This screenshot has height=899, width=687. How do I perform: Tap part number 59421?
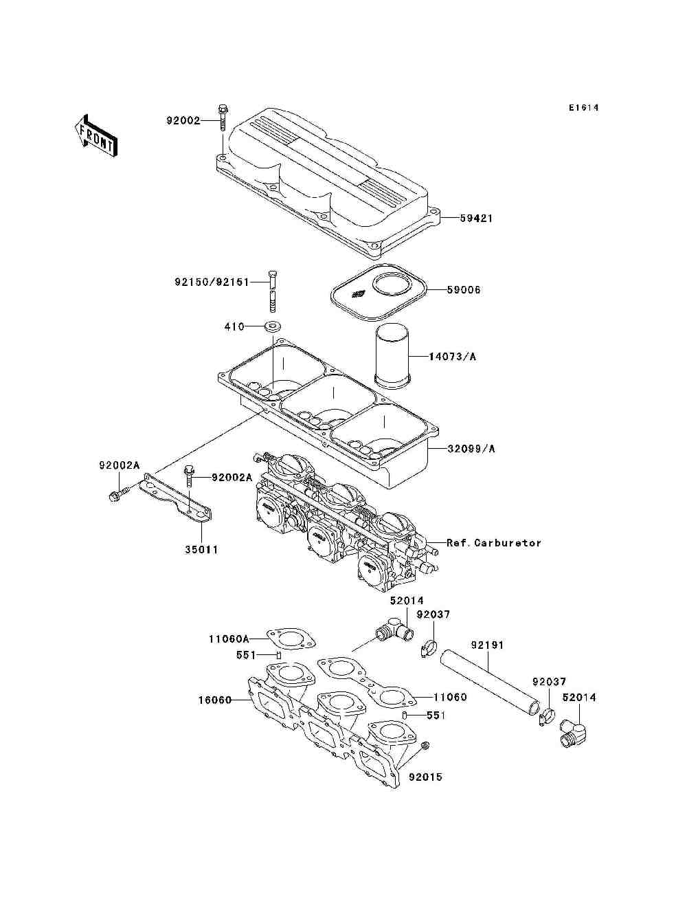476,219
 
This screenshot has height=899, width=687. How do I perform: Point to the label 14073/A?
452,357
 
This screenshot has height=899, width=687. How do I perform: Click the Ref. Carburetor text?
493,543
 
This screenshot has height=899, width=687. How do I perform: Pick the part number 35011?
202,550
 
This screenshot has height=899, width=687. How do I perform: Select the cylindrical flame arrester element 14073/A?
392,355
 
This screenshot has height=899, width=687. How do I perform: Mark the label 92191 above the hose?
487,645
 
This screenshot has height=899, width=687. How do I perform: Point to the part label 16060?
212,700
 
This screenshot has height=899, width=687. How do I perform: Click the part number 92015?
426,777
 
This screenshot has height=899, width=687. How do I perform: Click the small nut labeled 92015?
424,746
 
